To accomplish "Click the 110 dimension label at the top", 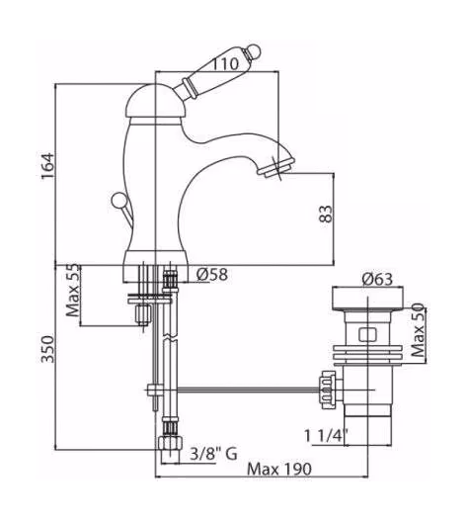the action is [x=225, y=64].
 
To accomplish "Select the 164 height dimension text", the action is [x=47, y=166].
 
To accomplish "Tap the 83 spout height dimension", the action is [x=325, y=214].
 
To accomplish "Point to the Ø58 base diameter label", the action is [x=212, y=275].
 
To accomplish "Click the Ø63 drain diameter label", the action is [x=377, y=279].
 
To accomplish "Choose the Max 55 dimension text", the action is [x=73, y=291].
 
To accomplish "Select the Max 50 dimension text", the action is [x=418, y=330].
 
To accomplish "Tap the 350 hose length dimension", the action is [x=47, y=349].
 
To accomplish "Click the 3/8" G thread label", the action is [x=213, y=454].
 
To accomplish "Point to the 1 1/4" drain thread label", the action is [x=326, y=436].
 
